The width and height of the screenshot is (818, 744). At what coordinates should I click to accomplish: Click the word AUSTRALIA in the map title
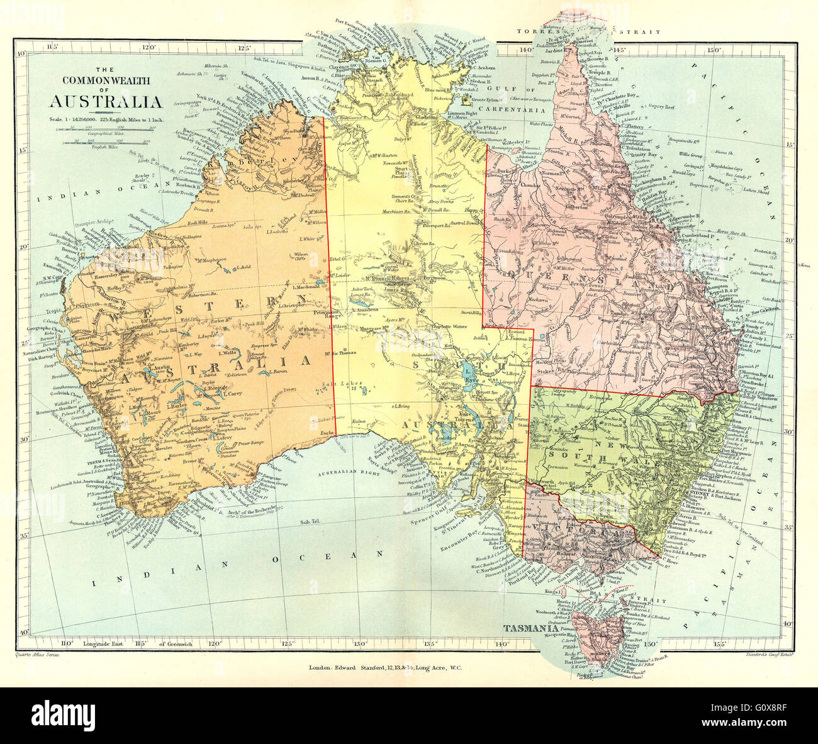click(106, 102)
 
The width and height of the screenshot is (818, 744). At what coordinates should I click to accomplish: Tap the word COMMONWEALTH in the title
click(106, 80)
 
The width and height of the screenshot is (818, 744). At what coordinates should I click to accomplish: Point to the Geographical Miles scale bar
click(106, 130)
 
